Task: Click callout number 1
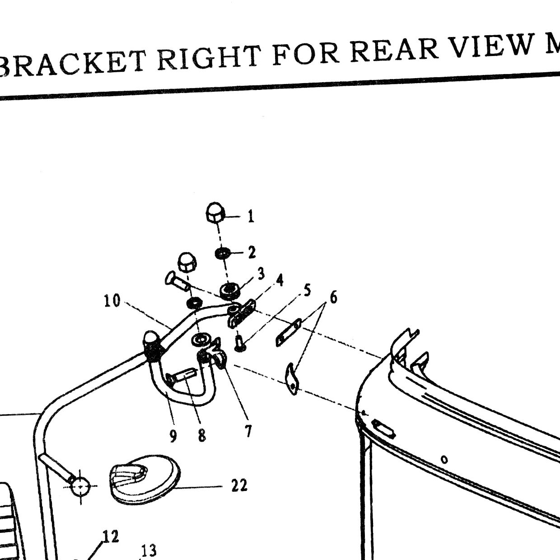pos(251,216)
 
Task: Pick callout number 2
pos(252,252)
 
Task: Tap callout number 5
pos(307,290)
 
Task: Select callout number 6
pos(333,298)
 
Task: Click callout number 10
pos(112,300)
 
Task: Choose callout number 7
pos(248,431)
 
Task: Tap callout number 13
pos(149,550)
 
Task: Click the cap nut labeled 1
pos(215,212)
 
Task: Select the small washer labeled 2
pos(223,253)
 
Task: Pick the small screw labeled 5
pos(240,343)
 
